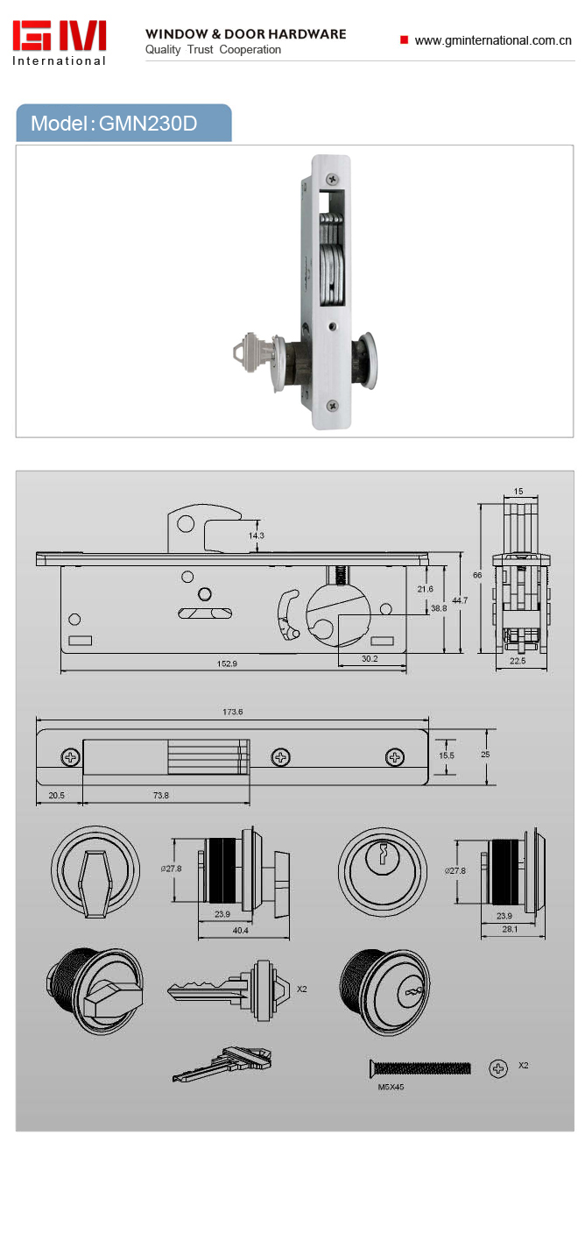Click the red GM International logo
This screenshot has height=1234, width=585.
(x=60, y=43)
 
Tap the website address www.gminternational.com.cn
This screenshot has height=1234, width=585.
(x=492, y=40)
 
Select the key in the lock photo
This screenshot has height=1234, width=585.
(x=252, y=351)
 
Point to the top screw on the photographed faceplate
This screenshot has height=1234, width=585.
(x=333, y=179)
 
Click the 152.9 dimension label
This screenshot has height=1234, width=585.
(x=227, y=663)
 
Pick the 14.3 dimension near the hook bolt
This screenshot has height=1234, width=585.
(x=256, y=535)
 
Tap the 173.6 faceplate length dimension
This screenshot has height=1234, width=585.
(x=232, y=711)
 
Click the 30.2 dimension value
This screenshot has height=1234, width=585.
(x=370, y=658)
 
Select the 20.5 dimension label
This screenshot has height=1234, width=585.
(x=56, y=795)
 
